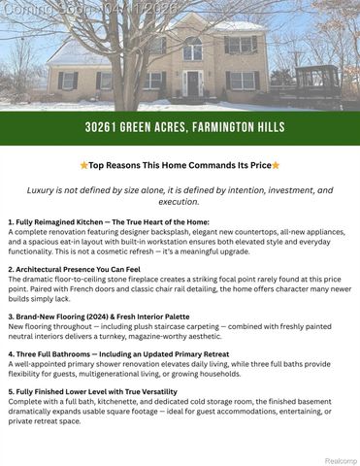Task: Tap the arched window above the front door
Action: tap(192, 48)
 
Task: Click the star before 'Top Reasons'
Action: tap(83, 165)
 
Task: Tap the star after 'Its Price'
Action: tap(276, 165)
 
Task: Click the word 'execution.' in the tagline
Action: tap(180, 203)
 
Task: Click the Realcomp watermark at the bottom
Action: tap(340, 460)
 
